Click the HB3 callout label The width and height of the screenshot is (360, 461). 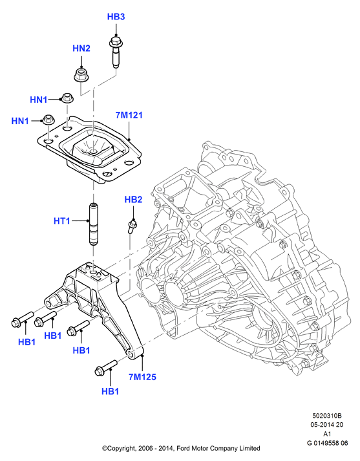[116, 17]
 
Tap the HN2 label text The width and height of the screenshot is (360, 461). [81, 48]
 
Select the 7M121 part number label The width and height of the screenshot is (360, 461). [129, 115]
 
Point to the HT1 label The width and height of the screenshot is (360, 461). [61, 220]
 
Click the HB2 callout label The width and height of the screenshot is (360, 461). [133, 199]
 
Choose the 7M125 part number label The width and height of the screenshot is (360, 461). [142, 376]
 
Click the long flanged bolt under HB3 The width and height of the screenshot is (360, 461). [114, 52]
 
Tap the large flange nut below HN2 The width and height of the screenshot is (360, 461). [80, 74]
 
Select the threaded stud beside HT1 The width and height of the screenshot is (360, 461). [94, 224]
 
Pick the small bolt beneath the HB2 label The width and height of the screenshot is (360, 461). [132, 226]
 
